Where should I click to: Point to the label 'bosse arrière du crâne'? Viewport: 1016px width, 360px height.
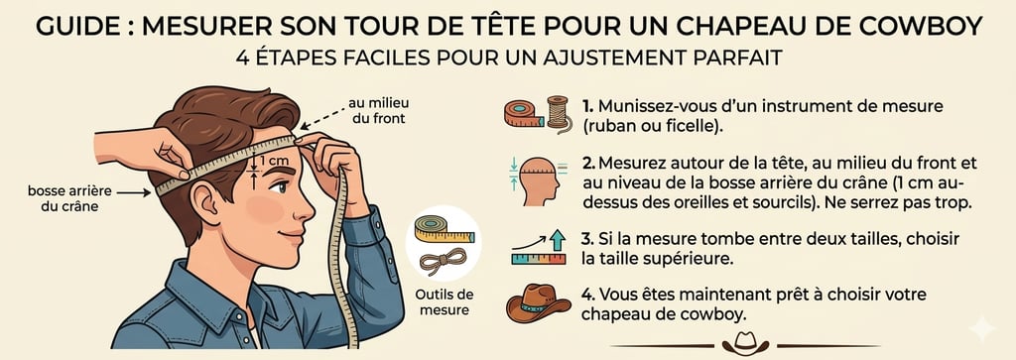pyautogui.click(x=70, y=198)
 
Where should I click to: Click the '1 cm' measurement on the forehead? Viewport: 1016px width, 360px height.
pyautogui.click(x=272, y=160)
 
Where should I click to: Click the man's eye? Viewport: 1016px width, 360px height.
pyautogui.click(x=279, y=187)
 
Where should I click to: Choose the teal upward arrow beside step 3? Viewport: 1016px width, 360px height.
pyautogui.click(x=557, y=240)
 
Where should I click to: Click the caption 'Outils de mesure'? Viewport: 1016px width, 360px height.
pyautogui.click(x=444, y=301)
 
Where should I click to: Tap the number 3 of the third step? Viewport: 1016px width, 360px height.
pyautogui.click(x=586, y=239)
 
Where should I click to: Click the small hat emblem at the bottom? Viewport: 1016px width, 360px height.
pyautogui.click(x=746, y=343)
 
